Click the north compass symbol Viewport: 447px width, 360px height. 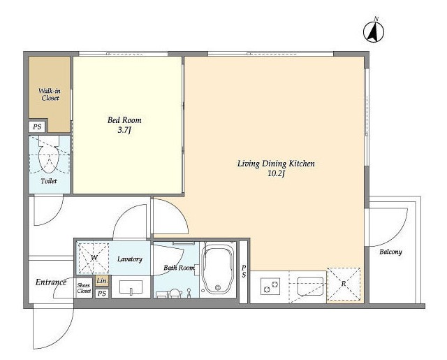(374, 31)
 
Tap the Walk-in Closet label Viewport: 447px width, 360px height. (50, 94)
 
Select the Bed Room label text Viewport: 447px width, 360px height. (124, 120)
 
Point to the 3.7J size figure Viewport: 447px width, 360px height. (124, 130)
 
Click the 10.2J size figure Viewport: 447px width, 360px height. (276, 174)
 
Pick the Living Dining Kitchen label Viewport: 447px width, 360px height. (276, 164)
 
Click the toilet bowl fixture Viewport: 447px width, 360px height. (49, 155)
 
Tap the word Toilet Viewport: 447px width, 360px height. (49, 181)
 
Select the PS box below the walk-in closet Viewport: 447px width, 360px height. (37, 127)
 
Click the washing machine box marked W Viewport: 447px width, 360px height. (93, 258)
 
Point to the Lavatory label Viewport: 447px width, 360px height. (130, 259)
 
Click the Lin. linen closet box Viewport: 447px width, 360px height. (102, 281)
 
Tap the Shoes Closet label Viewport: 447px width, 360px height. (84, 288)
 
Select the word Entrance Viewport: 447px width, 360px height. (51, 282)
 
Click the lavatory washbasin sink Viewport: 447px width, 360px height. (131, 287)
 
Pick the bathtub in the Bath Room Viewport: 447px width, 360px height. (218, 270)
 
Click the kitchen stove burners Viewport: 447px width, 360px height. (270, 287)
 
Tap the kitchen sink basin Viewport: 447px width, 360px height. (310, 287)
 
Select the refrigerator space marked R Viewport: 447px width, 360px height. (344, 284)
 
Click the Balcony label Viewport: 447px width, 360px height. (390, 252)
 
